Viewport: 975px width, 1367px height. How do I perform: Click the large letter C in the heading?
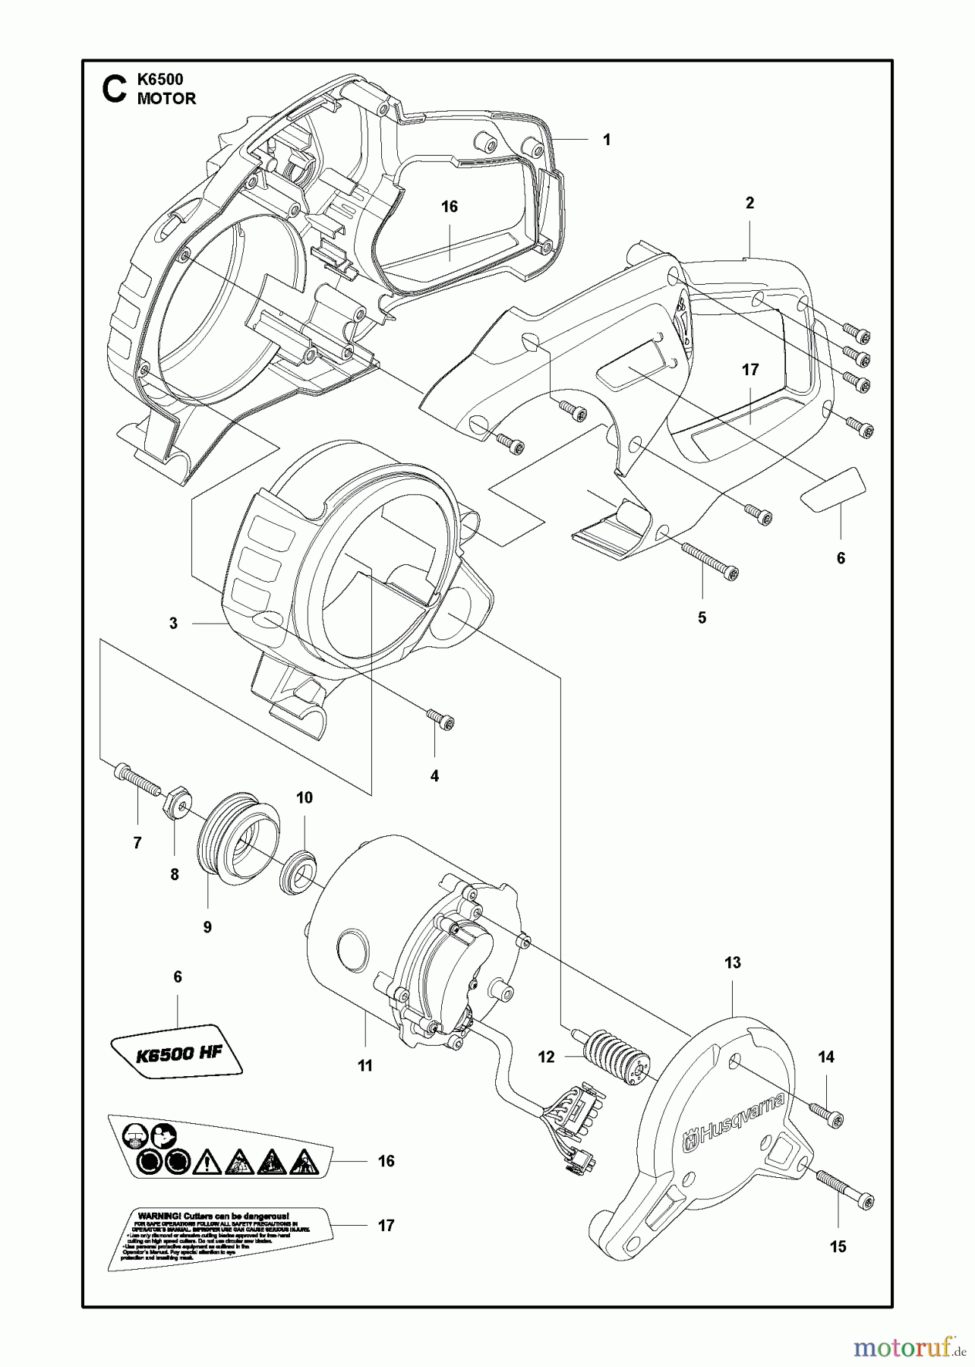coord(113,89)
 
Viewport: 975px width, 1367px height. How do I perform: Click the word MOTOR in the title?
coord(166,99)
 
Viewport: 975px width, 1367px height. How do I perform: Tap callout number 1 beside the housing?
coord(606,140)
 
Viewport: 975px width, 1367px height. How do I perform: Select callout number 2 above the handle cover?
coord(749,203)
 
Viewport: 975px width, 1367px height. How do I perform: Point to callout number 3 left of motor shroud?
coord(173,624)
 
